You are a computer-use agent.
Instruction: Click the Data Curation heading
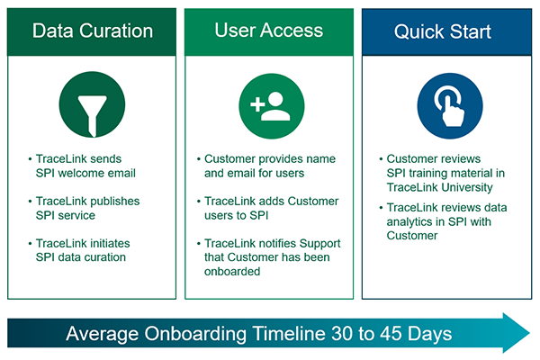(93, 31)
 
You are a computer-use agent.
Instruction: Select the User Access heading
(268, 30)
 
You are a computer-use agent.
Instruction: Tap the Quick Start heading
(443, 31)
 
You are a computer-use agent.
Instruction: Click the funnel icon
(92, 104)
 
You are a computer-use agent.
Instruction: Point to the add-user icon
(272, 106)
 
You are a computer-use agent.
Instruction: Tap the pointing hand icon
(450, 106)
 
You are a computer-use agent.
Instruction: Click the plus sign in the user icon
(257, 104)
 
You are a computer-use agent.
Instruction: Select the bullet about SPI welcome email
(83, 166)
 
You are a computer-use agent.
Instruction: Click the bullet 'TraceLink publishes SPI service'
(85, 208)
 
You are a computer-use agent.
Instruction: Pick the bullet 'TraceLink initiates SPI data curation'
(79, 250)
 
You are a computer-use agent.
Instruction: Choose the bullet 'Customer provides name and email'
(266, 166)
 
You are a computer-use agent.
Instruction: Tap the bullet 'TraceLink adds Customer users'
(268, 208)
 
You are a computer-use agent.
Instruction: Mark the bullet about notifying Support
(269, 257)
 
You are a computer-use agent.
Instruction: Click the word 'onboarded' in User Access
(232, 272)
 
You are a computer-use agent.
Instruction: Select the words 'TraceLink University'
(440, 187)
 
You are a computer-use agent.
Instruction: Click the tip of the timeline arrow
(530, 333)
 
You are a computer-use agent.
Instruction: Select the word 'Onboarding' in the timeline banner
(195, 334)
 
